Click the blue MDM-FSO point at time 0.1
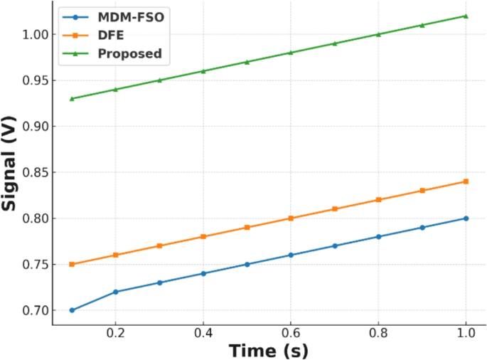pos(72,310)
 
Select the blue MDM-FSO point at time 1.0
pos(466,218)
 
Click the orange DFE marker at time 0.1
pos(72,264)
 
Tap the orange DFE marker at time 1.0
pos(466,181)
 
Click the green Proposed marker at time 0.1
pos(72,98)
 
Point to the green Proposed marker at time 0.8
pos(378,34)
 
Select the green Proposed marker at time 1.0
pos(466,16)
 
